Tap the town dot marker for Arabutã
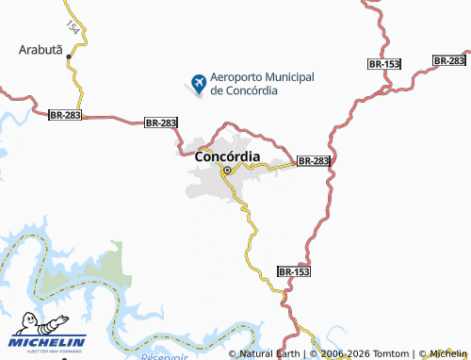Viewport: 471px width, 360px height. (71, 56)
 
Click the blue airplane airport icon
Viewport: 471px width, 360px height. (199, 84)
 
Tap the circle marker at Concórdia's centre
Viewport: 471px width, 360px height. (226, 171)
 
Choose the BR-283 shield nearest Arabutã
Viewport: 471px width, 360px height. (66, 114)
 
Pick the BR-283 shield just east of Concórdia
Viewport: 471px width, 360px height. (314, 161)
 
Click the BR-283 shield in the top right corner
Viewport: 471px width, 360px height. (449, 60)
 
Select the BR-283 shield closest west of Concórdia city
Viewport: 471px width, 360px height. (161, 123)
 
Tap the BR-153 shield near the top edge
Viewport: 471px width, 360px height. (384, 63)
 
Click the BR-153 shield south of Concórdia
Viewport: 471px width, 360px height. (294, 271)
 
